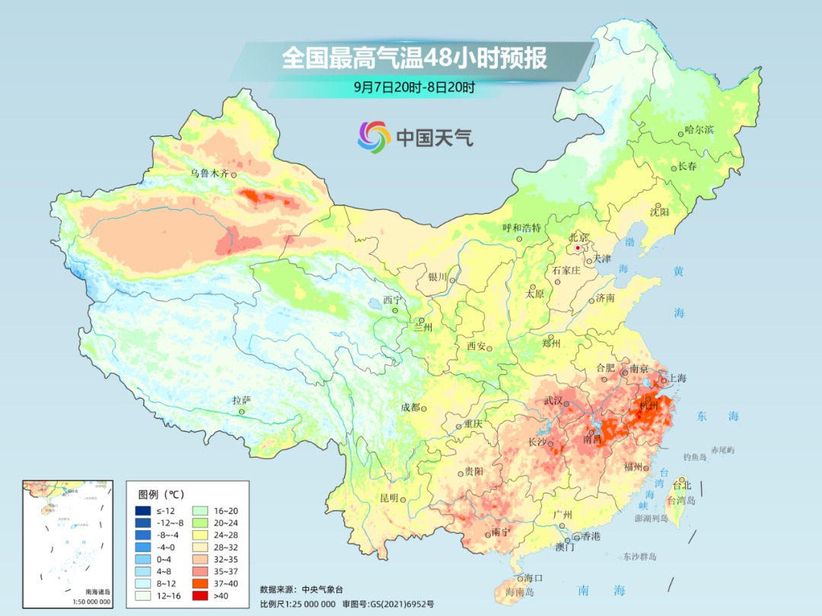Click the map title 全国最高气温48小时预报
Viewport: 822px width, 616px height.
click(414, 59)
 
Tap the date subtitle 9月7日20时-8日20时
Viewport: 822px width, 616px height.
click(414, 87)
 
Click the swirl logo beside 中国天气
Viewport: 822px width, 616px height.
click(374, 136)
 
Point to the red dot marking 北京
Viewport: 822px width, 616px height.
click(578, 248)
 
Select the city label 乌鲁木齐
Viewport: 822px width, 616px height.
click(209, 173)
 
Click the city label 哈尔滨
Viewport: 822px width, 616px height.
click(699, 130)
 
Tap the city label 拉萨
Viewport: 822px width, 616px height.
click(241, 400)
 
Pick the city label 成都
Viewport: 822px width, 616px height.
click(409, 408)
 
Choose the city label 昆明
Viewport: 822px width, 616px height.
click(389, 498)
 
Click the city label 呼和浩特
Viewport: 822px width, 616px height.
click(521, 228)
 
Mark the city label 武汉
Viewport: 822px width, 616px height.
click(553, 401)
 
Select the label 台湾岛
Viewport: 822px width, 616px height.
click(681, 500)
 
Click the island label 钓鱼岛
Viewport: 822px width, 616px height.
click(696, 456)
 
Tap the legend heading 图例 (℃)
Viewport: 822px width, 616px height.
click(161, 493)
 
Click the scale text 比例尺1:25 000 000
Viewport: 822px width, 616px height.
click(298, 603)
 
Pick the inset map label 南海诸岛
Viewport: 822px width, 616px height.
click(97, 592)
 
